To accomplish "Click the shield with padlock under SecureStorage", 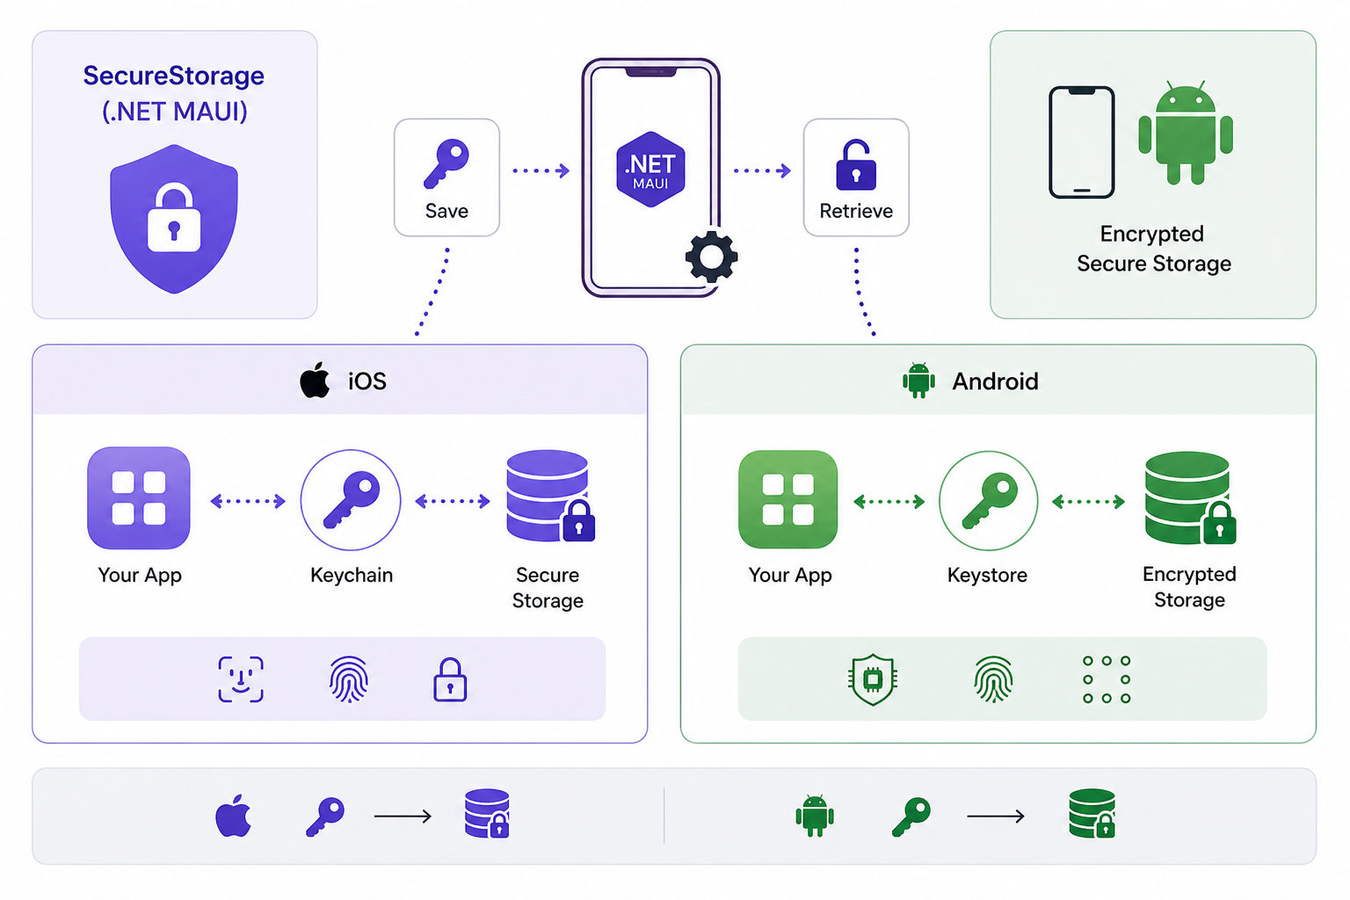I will pyautogui.click(x=174, y=220).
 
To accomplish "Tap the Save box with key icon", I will pyautogui.click(x=446, y=178).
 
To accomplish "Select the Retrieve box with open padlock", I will pyautogui.click(x=856, y=178).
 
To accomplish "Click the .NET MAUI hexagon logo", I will pyautogui.click(x=650, y=170).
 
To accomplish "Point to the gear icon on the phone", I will pyautogui.click(x=711, y=257).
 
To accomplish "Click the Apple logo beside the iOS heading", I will pyautogui.click(x=315, y=381).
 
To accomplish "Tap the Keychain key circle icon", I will pyautogui.click(x=351, y=500).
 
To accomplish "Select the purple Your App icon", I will pyautogui.click(x=139, y=498).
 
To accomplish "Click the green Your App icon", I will pyautogui.click(x=788, y=499).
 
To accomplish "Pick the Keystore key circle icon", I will pyautogui.click(x=988, y=501).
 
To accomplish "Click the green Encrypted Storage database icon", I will pyautogui.click(x=1189, y=498).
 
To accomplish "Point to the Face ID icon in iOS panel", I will pyautogui.click(x=241, y=679).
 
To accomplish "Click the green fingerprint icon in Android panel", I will pyautogui.click(x=993, y=679).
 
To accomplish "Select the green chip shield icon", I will pyautogui.click(x=873, y=679).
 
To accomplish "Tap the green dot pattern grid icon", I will pyautogui.click(x=1107, y=679).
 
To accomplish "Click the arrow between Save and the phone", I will pyautogui.click(x=541, y=171).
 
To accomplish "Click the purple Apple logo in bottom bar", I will pyautogui.click(x=234, y=816).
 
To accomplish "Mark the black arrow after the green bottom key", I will pyautogui.click(x=995, y=817).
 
